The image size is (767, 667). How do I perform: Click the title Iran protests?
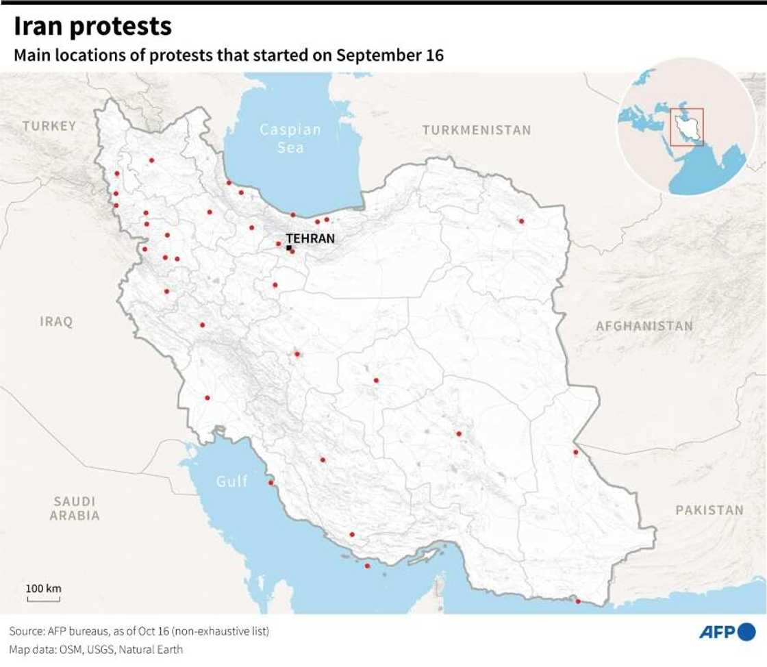pyautogui.click(x=92, y=26)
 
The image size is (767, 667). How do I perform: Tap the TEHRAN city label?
pyautogui.click(x=310, y=238)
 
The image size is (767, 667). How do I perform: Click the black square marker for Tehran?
pyautogui.click(x=289, y=248)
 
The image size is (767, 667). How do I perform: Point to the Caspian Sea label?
pyautogui.click(x=290, y=138)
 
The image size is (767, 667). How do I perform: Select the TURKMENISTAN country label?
pyautogui.click(x=476, y=130)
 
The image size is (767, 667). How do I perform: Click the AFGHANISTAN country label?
pyautogui.click(x=644, y=326)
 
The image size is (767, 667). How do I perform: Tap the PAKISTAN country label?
pyautogui.click(x=709, y=509)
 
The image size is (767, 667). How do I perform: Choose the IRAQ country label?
pyautogui.click(x=56, y=321)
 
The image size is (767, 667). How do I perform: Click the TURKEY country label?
pyautogui.click(x=49, y=126)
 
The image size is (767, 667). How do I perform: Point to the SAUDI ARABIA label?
pyautogui.click(x=75, y=508)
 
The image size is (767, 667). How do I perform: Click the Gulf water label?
pyautogui.click(x=231, y=481)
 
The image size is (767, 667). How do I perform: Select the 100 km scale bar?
pyautogui.click(x=44, y=594)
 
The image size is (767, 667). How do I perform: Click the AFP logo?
pyautogui.click(x=727, y=631)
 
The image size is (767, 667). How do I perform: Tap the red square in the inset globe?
pyautogui.click(x=686, y=127)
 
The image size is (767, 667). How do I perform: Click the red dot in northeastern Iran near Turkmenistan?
pyautogui.click(x=521, y=221)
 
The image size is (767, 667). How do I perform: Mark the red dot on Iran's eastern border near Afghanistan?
pyautogui.click(x=576, y=451)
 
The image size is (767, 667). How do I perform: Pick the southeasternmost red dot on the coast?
pyautogui.click(x=578, y=601)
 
